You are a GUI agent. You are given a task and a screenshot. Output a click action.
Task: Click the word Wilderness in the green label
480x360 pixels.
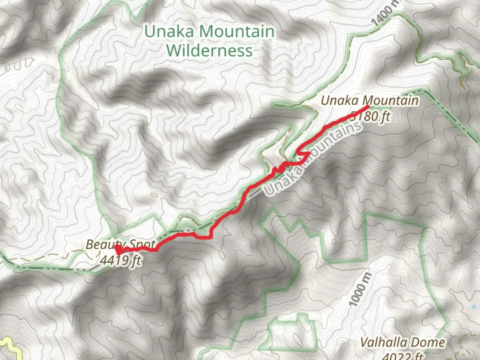(209, 51)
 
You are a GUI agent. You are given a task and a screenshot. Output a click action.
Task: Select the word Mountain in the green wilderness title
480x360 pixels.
(237, 32)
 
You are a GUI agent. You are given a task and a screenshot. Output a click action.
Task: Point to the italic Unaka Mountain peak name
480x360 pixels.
(369, 100)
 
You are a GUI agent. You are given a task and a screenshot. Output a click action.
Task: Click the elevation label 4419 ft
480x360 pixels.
(121, 260)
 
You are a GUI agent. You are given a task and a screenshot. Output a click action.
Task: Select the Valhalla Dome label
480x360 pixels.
(402, 342)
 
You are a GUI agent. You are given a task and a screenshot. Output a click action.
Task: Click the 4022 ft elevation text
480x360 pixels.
(402, 356)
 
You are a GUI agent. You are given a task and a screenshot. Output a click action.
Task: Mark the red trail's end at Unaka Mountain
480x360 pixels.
(368, 106)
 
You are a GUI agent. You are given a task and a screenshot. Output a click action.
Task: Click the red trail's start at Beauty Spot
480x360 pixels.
(118, 249)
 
